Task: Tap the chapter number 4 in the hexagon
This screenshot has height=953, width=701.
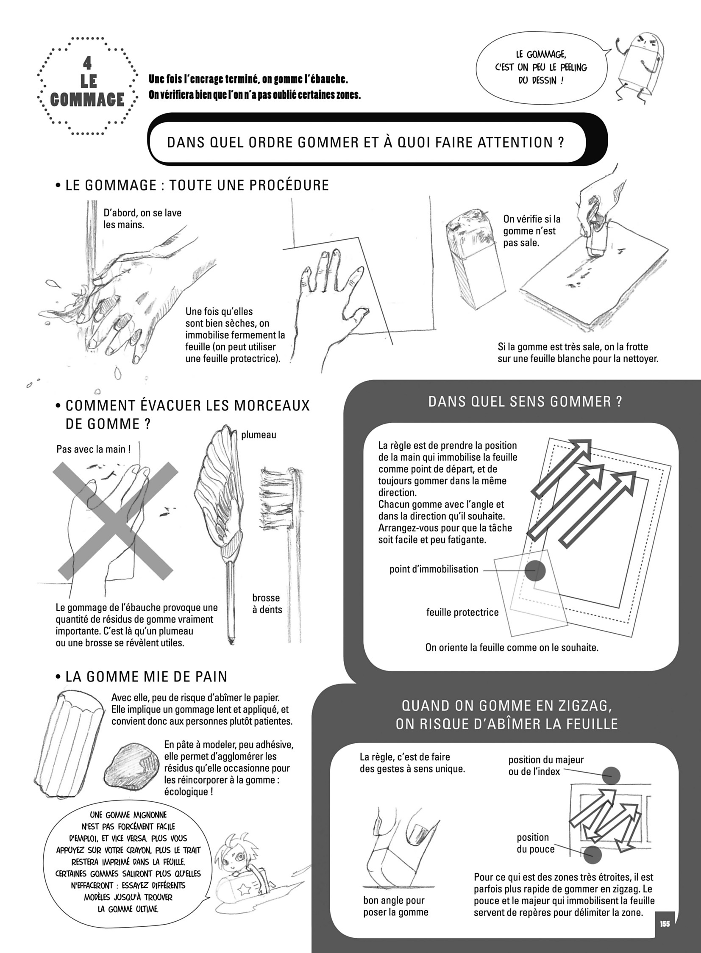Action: [87, 63]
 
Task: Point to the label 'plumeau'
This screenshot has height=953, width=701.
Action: [259, 435]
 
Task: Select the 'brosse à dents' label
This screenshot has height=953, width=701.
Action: [267, 604]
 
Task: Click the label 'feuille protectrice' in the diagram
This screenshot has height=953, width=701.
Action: [462, 612]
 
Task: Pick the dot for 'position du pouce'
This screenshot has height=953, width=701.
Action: [593, 855]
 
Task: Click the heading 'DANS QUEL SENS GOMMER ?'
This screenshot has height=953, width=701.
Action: [525, 402]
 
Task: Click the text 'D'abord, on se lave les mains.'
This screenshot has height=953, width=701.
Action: [142, 219]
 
